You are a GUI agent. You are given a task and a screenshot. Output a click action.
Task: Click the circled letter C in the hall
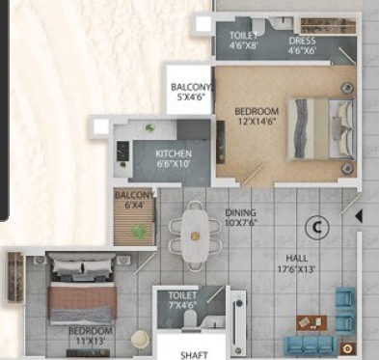pos(317,228)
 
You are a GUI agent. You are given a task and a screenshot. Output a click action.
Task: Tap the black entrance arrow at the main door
pos(359,216)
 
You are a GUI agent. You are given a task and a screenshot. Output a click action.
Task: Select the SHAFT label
pos(194,355)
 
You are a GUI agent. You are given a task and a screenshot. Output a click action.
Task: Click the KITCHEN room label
pos(174,153)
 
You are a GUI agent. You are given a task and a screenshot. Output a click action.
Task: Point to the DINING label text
pos(241,212)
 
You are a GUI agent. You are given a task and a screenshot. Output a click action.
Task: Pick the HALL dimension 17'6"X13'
pos(296,269)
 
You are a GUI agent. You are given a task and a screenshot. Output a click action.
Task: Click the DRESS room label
pos(302,42)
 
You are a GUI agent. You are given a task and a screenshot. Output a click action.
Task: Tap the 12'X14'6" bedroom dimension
pos(257,122)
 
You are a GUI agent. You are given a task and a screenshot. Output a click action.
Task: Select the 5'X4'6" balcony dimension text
pos(191,97)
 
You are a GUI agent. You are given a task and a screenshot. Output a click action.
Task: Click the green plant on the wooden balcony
pos(139,231)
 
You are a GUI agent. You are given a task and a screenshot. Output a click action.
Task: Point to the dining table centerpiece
pos(195,236)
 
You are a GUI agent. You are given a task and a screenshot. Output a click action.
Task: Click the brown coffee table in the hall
pos(311,322)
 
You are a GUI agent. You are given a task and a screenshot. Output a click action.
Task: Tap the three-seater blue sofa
pos(311,346)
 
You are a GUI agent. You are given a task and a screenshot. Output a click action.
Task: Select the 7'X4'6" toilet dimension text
pos(183,304)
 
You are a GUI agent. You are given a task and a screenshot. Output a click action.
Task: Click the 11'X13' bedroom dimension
pos(91,341)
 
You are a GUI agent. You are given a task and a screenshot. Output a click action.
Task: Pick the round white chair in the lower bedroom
pos(140,339)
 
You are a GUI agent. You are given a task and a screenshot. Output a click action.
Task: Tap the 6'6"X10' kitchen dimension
pos(174,163)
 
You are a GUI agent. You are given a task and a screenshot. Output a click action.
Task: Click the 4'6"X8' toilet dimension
pos(244,45)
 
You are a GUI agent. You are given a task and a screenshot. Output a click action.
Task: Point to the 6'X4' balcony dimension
pos(134,205)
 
